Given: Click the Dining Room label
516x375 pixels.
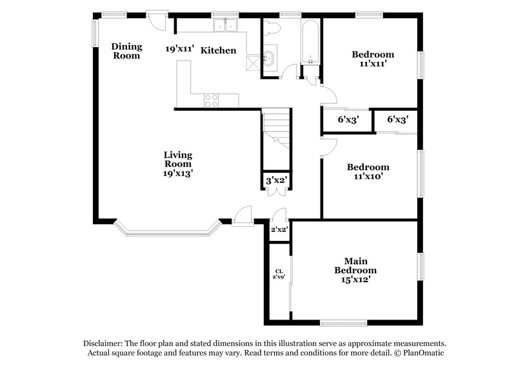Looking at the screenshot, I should click(126, 50).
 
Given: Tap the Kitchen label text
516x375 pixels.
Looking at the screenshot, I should click(217, 50).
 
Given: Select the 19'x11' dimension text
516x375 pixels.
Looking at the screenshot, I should click(179, 49).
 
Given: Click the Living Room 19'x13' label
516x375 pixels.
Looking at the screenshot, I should click(177, 164).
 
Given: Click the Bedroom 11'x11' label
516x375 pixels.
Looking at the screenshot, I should click(372, 59).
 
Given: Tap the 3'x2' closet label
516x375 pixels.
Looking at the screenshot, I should click(276, 182).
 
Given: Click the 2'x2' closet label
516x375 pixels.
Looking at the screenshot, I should click(279, 229).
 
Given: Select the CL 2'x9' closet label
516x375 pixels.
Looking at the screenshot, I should click(279, 274).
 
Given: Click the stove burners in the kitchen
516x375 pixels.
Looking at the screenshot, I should click(212, 100).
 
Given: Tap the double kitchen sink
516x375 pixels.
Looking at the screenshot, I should click(226, 26).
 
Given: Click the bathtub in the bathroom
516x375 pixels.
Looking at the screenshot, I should click(311, 43).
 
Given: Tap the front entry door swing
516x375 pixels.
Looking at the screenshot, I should click(243, 215).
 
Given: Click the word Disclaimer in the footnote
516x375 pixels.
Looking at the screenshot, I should click(104, 343).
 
